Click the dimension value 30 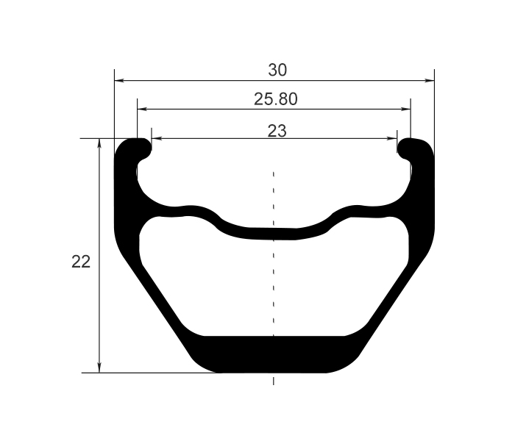pyautogui.click(x=277, y=71)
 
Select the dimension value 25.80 pyautogui.click(x=276, y=99)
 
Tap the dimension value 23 pyautogui.click(x=277, y=131)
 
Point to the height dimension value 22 pyautogui.click(x=81, y=262)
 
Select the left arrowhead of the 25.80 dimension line pyautogui.click(x=142, y=110)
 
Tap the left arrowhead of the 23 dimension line pyautogui.click(x=155, y=138)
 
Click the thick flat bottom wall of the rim pyautogui.click(x=274, y=354)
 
